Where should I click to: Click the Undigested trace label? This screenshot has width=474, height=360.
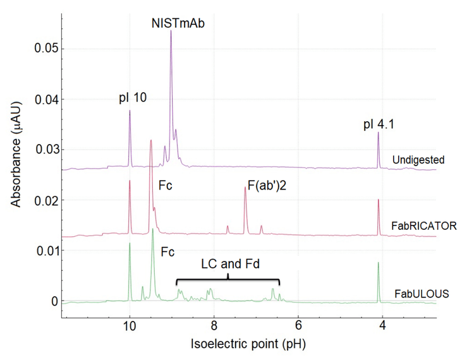pyautogui.click(x=419, y=159)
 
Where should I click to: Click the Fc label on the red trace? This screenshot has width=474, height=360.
pyautogui.click(x=167, y=187)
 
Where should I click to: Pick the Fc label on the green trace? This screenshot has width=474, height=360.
pyautogui.click(x=169, y=251)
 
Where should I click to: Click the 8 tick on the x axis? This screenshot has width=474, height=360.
pyautogui.click(x=214, y=325)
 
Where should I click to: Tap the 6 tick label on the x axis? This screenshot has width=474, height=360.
pyautogui.click(x=298, y=325)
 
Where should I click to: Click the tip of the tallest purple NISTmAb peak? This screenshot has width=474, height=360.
pyautogui.click(x=171, y=31)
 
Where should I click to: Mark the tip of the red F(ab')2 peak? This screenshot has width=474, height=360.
pyautogui.click(x=245, y=188)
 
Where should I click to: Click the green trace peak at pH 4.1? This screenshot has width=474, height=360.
pyautogui.click(x=378, y=263)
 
